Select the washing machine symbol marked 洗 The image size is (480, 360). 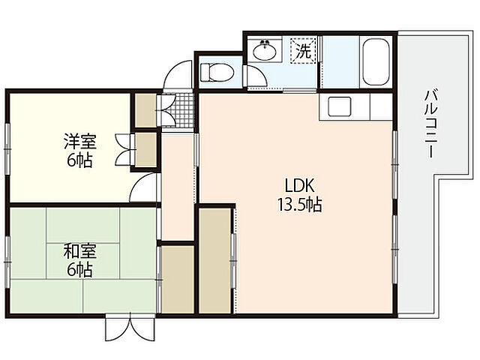point(303,52)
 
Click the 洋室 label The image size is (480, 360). point(79,141)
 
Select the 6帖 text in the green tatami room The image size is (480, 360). point(79,270)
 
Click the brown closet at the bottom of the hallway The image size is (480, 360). point(178,277)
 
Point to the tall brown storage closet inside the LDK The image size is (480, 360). point(215,259)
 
